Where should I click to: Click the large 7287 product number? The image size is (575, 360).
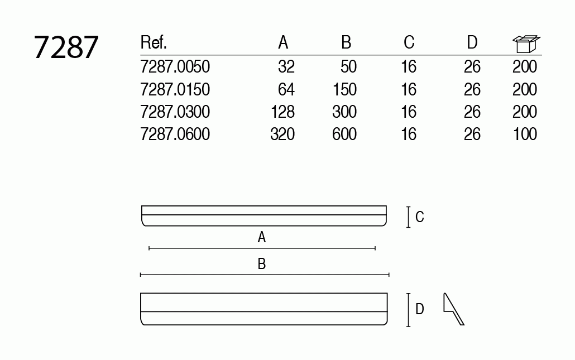pos(66,47)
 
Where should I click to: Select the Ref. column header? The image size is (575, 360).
pos(154,42)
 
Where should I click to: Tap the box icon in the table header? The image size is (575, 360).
pos(526,44)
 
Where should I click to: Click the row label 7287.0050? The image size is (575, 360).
pos(175,67)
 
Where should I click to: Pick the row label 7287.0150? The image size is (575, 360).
pos(175,89)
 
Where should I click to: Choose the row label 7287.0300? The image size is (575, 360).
pos(175,112)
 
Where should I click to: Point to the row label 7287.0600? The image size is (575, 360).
pos(175,134)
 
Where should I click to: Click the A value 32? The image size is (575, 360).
pos(286,67)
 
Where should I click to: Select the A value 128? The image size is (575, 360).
pos(282,112)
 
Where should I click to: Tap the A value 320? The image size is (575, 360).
pos(282,134)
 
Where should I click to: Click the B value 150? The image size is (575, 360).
pos(344,89)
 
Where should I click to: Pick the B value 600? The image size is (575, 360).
pos(344,134)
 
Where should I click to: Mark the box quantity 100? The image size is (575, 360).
pos(524,134)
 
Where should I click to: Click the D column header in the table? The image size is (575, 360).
pos(472,42)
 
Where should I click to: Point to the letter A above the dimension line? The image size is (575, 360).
pos(262,238)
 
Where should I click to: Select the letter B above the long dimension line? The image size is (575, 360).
pos(262,264)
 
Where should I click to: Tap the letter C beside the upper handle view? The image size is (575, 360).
pos(420,217)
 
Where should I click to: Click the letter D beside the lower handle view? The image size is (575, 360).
pos(420,309)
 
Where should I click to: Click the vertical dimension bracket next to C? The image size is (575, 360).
pos(409,217)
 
